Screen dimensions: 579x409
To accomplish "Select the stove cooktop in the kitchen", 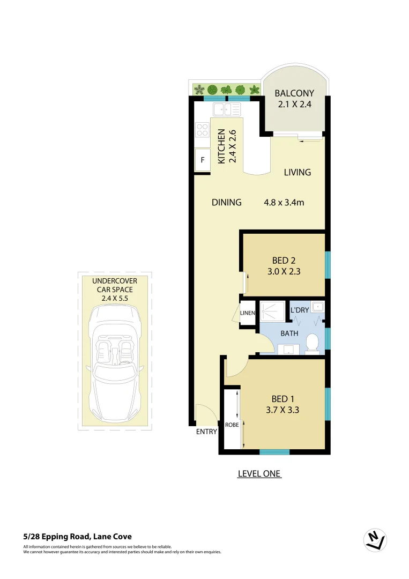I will (203, 129).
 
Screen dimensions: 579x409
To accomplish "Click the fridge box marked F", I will (203, 160).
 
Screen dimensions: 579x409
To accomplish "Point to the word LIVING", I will (298, 172).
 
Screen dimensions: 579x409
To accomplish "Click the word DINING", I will (226, 203).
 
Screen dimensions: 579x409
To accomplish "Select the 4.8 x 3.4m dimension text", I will (284, 203).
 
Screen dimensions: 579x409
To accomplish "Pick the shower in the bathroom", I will (273, 312).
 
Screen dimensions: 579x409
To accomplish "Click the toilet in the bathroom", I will (312, 344).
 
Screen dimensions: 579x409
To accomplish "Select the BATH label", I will (290, 333).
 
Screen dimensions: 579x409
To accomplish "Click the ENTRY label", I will (207, 432).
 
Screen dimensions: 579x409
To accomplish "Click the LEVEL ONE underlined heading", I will (259, 474).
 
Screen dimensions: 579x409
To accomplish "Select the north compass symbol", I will (375, 540).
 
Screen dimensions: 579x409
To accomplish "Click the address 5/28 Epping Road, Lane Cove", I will (78, 536).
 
